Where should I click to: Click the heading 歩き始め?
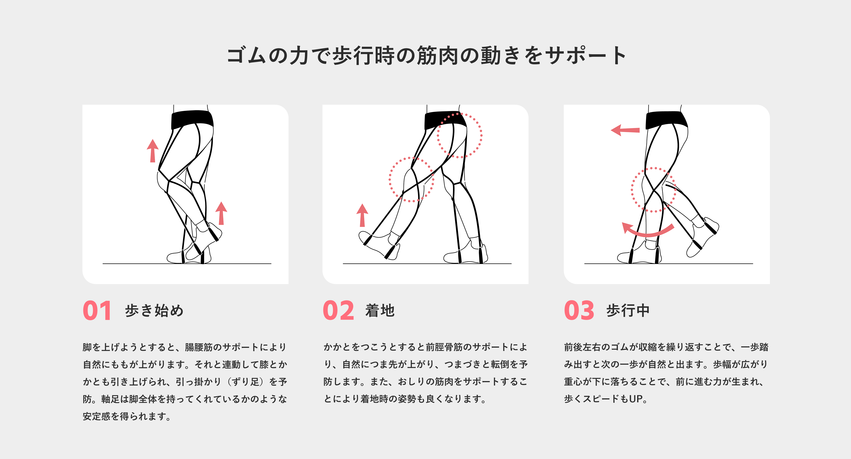click(154, 310)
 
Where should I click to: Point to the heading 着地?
click(380, 310)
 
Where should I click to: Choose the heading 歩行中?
click(628, 310)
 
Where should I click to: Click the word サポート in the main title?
click(585, 55)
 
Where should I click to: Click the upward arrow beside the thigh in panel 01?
click(153, 151)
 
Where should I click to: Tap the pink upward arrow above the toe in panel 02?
click(362, 215)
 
